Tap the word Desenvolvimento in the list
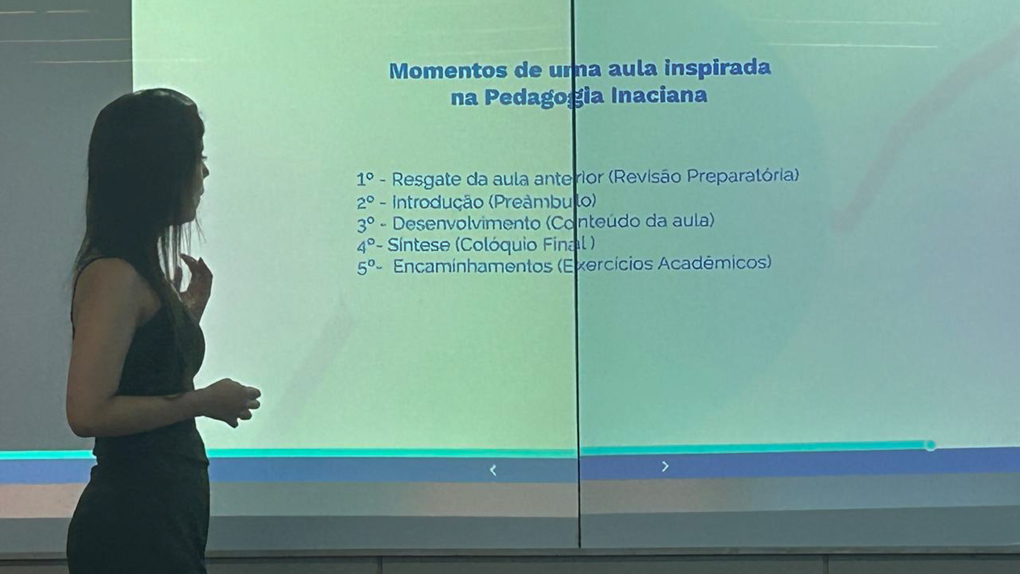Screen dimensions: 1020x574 tap(467, 223)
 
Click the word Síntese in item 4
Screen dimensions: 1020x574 tap(418, 245)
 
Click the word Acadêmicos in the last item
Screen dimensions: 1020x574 tap(714, 263)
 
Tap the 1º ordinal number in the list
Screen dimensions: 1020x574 tap(365, 179)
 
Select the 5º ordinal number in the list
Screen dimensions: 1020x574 tap(367, 268)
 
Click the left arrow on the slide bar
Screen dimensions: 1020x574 tap(493, 470)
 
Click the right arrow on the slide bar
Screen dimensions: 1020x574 tap(665, 466)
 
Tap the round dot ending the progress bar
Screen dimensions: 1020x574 tap(930, 445)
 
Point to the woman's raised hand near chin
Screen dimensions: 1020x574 tap(197, 279)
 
